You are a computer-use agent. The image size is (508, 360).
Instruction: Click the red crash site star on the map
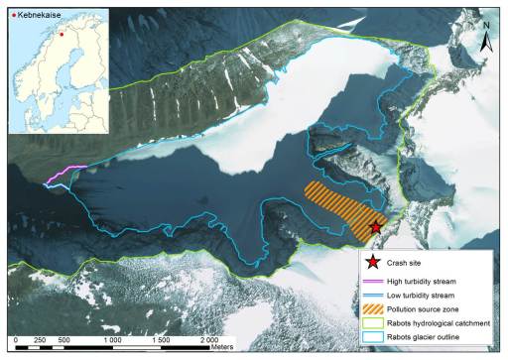375,229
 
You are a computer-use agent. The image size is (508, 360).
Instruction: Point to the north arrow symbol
486,41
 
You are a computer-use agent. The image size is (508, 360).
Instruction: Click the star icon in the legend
372,264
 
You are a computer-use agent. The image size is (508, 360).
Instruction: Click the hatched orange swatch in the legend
372,310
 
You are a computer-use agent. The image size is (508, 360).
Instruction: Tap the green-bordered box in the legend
372,324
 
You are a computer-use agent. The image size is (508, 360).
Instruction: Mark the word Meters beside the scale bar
236,347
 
